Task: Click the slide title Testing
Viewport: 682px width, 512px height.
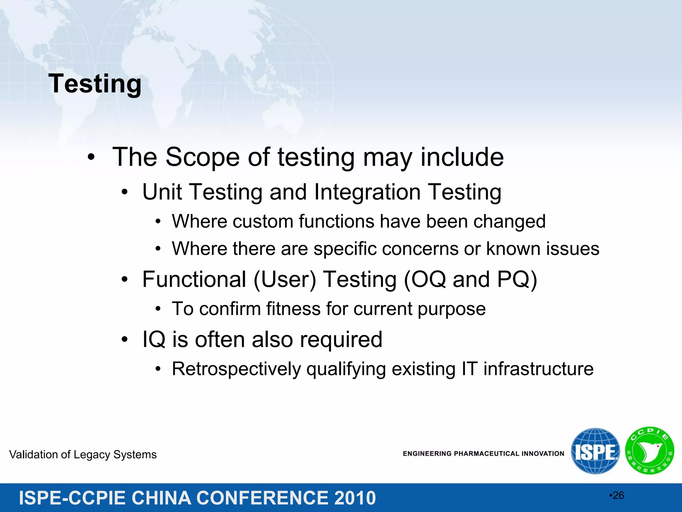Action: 95,84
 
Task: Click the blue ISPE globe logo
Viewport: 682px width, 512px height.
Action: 595,451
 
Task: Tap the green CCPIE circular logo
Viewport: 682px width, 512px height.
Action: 650,451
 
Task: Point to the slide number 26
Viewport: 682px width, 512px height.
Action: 618,496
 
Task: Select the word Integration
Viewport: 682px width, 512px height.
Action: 367,192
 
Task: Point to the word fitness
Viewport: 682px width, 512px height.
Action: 293,309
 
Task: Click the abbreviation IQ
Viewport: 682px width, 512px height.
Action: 154,340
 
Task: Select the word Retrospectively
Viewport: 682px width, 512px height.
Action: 236,369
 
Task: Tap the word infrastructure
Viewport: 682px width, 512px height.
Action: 538,369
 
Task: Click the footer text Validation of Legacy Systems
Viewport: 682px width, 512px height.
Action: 83,455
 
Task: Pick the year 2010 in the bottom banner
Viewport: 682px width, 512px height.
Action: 355,498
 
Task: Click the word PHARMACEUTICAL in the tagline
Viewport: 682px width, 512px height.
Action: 487,454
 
